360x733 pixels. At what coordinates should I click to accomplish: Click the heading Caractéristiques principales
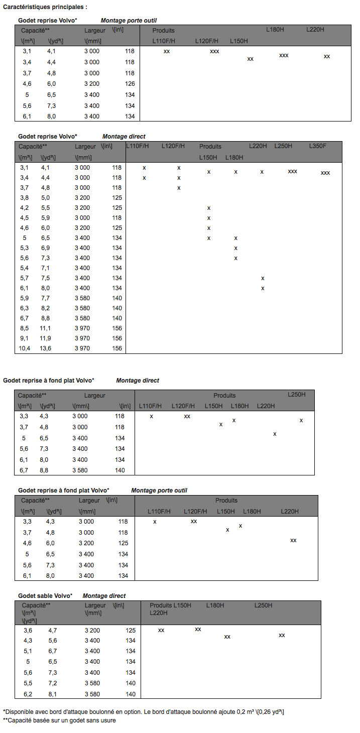coord(45,8)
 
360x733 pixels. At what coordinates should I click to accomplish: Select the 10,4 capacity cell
coord(25,348)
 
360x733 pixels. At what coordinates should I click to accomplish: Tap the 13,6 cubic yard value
coord(45,348)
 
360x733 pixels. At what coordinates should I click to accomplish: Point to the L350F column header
coord(317,146)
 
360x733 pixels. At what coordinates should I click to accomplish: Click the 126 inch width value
coord(130,84)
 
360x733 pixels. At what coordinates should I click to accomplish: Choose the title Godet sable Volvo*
coord(45,595)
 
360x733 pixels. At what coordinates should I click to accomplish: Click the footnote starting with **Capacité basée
coord(59,720)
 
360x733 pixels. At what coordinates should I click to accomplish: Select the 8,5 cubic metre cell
coord(25,328)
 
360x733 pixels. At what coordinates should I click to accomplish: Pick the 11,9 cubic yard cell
coord(45,338)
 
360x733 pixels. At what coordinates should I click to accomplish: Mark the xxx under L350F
coord(325,173)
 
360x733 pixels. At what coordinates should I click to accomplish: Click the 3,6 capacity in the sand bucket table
coord(28,630)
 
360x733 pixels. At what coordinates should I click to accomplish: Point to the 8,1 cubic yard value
coord(53,694)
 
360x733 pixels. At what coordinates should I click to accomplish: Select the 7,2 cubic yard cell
coord(53,683)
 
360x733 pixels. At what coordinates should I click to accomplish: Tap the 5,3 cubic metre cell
coord(25,248)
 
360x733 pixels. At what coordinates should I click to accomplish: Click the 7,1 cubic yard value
coord(45,268)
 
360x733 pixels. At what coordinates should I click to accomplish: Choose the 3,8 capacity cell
coord(25,197)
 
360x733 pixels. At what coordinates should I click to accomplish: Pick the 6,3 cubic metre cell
coord(25,308)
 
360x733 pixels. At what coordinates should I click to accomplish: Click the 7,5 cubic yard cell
coord(45,278)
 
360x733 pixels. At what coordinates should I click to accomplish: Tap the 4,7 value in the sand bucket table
coord(53,630)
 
